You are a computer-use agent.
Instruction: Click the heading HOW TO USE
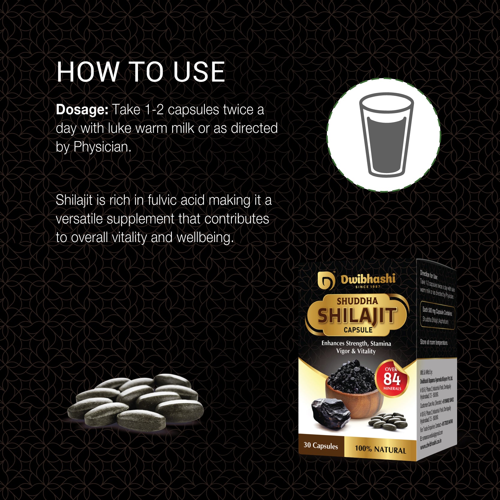pyautogui.click(x=141, y=72)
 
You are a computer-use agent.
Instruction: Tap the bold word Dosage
pyautogui.click(x=82, y=110)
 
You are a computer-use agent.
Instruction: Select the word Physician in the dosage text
pyautogui.click(x=102, y=147)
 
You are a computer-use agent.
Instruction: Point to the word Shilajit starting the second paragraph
pyautogui.click(x=74, y=200)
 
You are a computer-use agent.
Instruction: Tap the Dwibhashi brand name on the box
pyautogui.click(x=368, y=279)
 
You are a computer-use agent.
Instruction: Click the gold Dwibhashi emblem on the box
pyautogui.click(x=326, y=281)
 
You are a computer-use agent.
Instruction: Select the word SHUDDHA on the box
pyautogui.click(x=357, y=301)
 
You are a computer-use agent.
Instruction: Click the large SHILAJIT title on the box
pyautogui.click(x=357, y=316)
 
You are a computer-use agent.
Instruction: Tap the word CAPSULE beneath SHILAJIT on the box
pyautogui.click(x=358, y=330)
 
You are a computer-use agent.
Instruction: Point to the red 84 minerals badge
pyautogui.click(x=392, y=379)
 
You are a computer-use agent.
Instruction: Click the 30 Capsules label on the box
pyautogui.click(x=321, y=445)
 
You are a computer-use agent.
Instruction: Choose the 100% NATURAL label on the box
pyautogui.click(x=380, y=449)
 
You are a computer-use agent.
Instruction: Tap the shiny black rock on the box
pyautogui.click(x=330, y=412)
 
